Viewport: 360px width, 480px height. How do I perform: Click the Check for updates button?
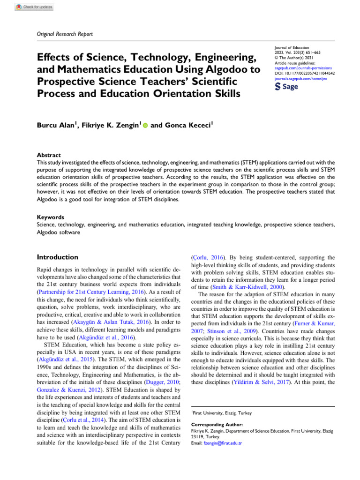click(x=35, y=7)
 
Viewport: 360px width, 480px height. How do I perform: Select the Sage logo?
click(x=286, y=87)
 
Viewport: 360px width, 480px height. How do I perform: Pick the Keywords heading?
click(x=50, y=217)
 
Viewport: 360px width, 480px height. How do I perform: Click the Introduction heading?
click(x=58, y=257)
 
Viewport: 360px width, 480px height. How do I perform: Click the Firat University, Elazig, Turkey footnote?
click(x=223, y=412)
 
